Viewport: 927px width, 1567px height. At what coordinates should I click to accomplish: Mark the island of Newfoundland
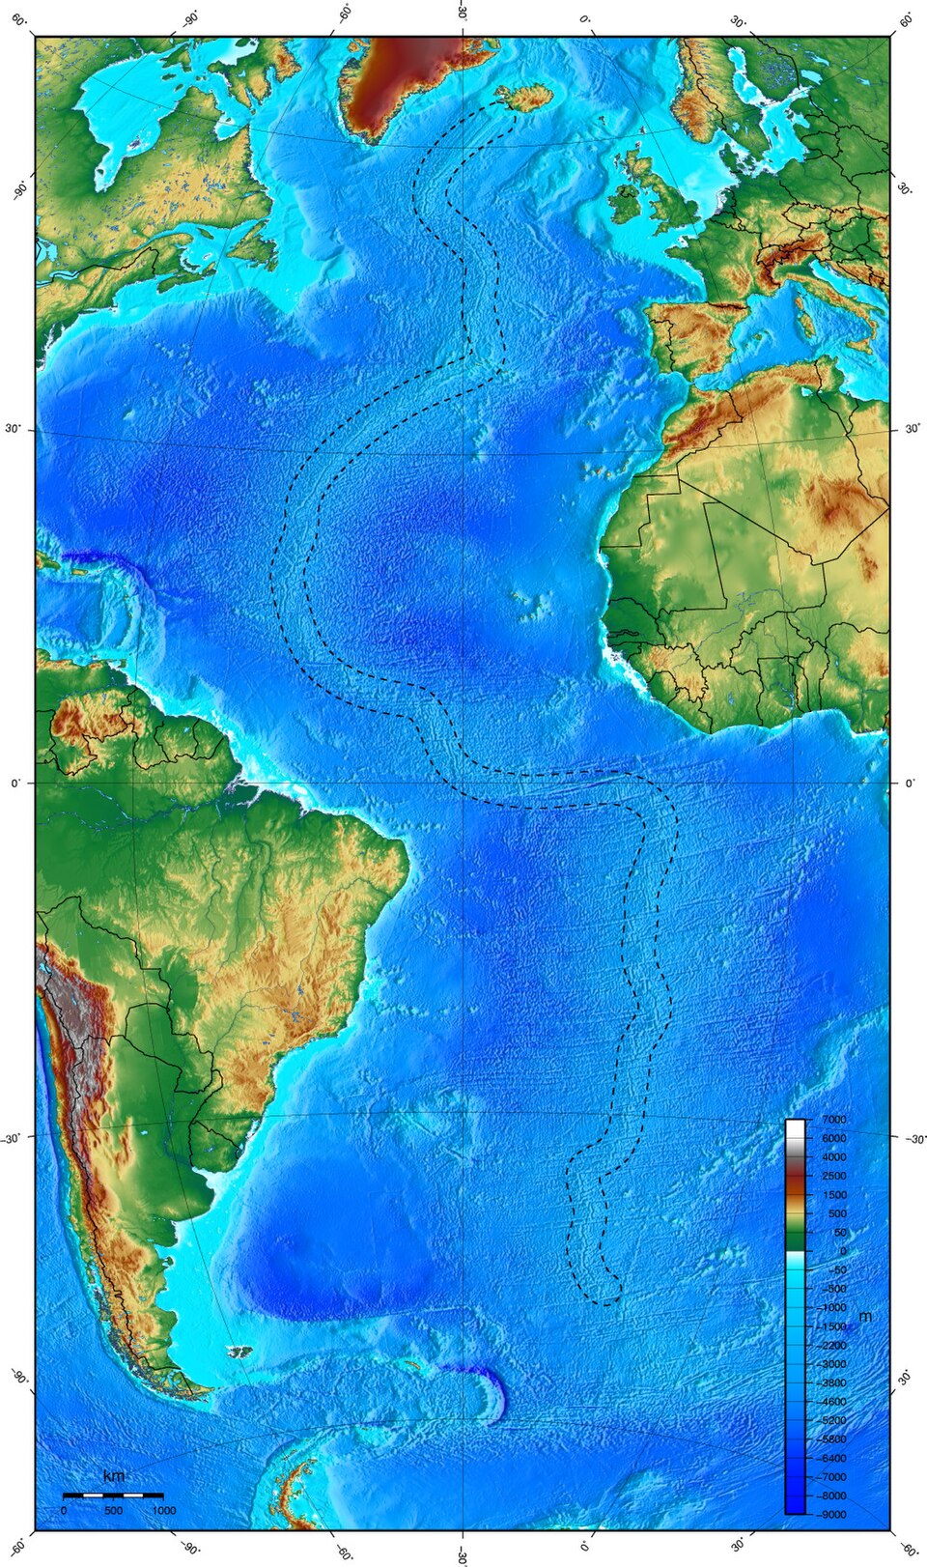(254, 243)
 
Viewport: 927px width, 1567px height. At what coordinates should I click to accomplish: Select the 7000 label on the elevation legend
(833, 1119)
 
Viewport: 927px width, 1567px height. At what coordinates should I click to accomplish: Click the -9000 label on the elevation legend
(833, 1514)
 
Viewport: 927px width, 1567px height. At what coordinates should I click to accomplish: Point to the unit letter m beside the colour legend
(865, 1317)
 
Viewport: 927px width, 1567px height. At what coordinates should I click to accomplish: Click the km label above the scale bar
(113, 1476)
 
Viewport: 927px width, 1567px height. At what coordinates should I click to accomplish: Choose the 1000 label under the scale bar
(163, 1510)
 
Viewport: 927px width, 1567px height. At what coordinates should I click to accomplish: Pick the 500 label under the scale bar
(113, 1510)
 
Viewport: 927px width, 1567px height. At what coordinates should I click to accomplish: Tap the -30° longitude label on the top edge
(462, 14)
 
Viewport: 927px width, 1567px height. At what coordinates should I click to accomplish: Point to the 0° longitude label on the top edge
(584, 18)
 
